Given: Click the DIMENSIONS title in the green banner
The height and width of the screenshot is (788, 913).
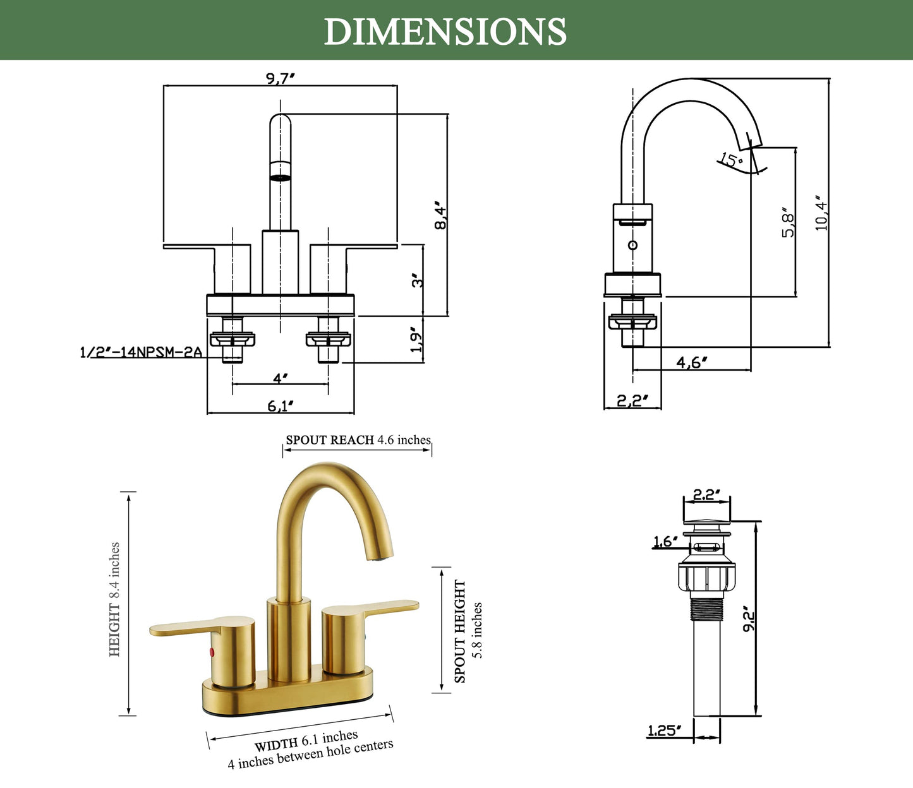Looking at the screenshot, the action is (445, 32).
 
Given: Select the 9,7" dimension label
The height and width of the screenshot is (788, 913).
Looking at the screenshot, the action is (280, 78).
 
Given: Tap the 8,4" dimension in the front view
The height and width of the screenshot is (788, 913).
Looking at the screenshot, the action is (441, 215).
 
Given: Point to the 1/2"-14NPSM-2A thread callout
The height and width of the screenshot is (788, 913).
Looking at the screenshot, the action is (141, 352).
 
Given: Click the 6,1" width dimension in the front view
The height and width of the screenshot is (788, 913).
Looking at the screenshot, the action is (281, 405).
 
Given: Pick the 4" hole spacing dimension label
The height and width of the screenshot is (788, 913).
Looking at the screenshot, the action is (281, 378).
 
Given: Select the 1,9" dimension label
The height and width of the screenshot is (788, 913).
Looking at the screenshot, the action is (416, 340).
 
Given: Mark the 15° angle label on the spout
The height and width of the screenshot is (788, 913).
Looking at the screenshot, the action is (732, 159).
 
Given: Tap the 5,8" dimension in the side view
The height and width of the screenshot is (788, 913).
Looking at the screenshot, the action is (787, 223).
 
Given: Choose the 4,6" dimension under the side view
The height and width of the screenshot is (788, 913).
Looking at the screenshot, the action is (692, 362).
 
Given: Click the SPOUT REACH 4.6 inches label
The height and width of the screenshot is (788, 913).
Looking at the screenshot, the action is (358, 439).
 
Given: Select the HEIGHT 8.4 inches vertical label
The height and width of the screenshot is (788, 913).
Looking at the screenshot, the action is (114, 599).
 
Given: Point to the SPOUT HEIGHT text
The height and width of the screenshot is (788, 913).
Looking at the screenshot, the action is (460, 631).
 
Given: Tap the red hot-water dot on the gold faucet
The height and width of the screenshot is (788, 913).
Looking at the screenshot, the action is (212, 652).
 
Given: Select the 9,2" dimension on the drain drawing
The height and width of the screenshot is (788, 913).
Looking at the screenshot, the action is (749, 621).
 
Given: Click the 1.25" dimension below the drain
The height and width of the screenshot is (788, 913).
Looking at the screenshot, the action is (664, 731).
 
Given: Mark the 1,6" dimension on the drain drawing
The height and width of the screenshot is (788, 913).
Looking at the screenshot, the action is (665, 540).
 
